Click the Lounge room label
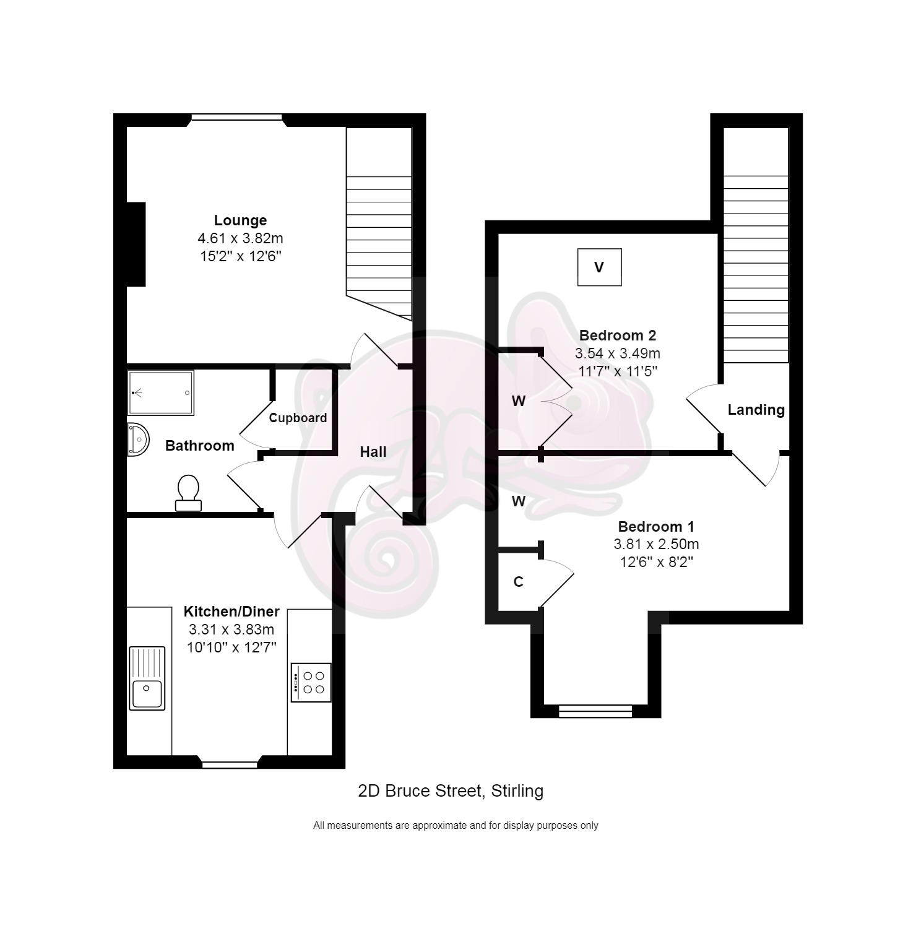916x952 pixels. (240, 220)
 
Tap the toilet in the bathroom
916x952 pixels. (188, 493)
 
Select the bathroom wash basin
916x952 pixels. (138, 439)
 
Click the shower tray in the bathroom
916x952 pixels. (161, 392)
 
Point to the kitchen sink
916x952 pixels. (147, 678)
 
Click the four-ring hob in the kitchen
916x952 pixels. (311, 682)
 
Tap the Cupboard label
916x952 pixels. (298, 418)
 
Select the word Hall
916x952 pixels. (373, 452)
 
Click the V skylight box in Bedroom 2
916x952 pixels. (599, 267)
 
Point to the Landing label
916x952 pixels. (756, 410)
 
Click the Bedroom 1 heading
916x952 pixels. (656, 527)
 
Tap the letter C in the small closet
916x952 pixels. (519, 582)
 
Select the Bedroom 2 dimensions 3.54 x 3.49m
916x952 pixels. (618, 353)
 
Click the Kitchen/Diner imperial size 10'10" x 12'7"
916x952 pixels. (231, 647)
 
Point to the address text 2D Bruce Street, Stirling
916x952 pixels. (451, 790)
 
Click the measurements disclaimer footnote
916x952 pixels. (456, 825)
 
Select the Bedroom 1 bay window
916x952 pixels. (595, 711)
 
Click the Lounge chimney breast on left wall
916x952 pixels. (136, 244)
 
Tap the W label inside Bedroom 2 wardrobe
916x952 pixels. (519, 401)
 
